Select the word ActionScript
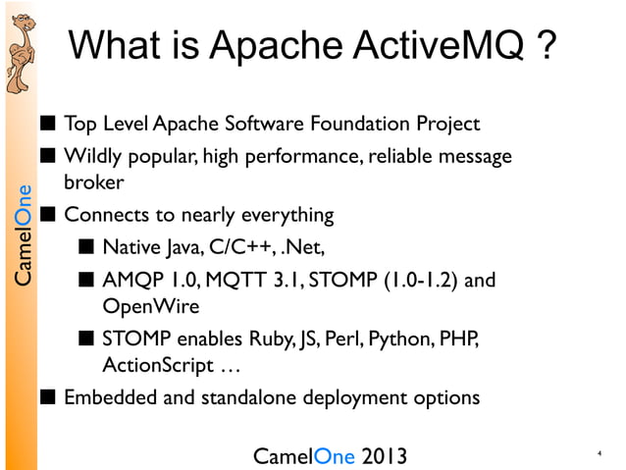tap(154, 366)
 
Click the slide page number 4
tap(598, 454)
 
